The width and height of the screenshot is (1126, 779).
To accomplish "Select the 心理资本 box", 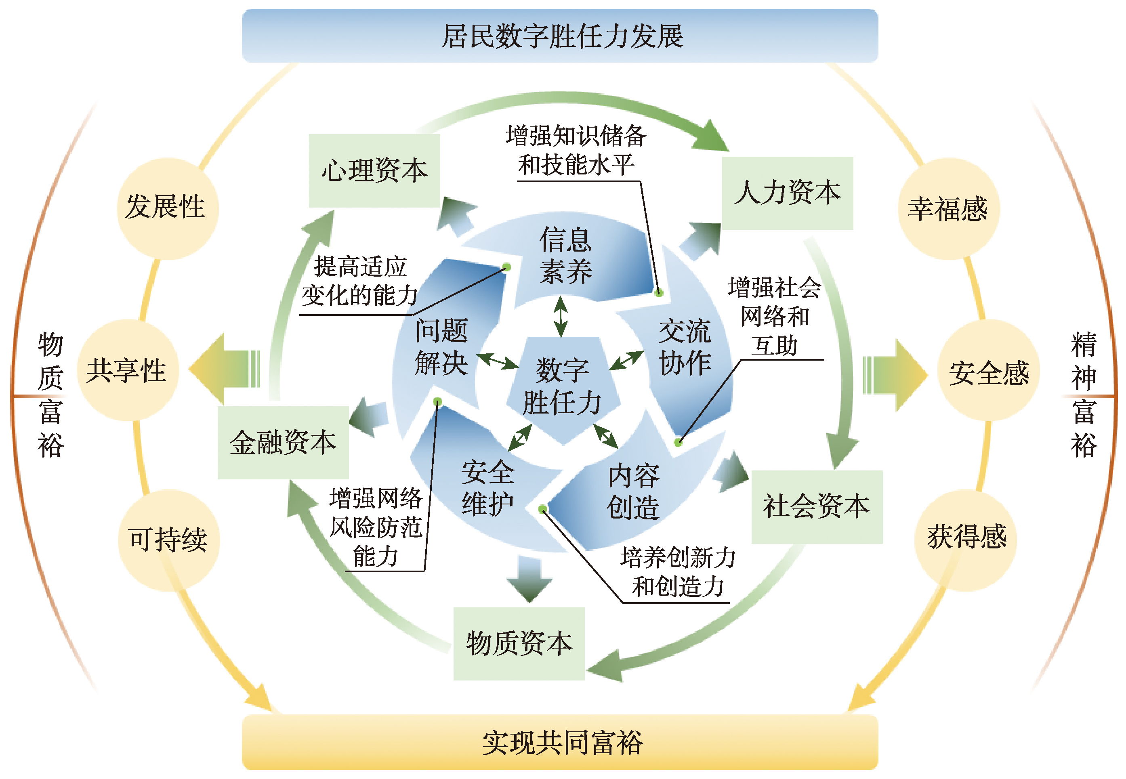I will pyautogui.click(x=374, y=171).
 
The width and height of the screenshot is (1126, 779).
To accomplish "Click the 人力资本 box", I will pyautogui.click(x=787, y=193).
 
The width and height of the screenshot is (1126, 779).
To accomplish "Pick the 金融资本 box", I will pyautogui.click(x=283, y=442).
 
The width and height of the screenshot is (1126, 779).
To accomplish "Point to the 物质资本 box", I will pyautogui.click(x=519, y=643).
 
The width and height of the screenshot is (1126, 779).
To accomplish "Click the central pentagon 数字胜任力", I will pyautogui.click(x=562, y=386).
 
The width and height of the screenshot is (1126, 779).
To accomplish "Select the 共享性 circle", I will pyautogui.click(x=127, y=370).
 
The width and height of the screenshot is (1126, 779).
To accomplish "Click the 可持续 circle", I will pyautogui.click(x=168, y=540).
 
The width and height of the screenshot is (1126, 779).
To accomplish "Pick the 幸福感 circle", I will pyautogui.click(x=948, y=209).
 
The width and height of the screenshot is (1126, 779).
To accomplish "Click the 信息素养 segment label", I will pyautogui.click(x=565, y=255).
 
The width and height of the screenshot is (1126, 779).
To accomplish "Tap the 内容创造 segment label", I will pyautogui.click(x=633, y=491).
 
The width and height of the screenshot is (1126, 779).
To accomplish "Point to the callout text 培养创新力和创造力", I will pyautogui.click(x=677, y=571).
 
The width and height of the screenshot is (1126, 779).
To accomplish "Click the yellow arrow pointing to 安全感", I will pyautogui.click(x=895, y=375).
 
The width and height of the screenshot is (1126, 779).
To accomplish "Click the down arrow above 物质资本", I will pyautogui.click(x=529, y=580).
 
